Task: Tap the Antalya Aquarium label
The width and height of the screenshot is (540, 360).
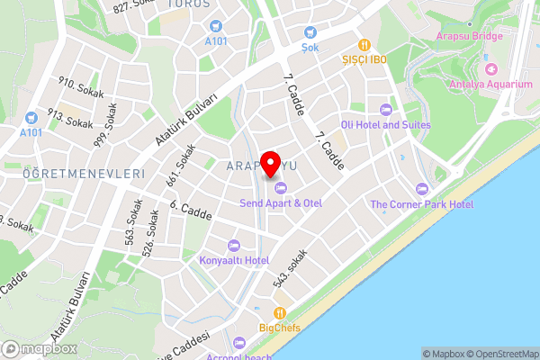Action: (490, 85)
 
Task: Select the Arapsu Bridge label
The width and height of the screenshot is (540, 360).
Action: (469, 36)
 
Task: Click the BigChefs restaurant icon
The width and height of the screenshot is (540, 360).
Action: (280, 312)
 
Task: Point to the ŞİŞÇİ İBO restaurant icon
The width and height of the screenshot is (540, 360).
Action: (364, 44)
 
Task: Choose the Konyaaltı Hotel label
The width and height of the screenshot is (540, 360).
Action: (234, 260)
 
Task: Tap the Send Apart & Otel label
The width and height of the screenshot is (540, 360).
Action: (281, 203)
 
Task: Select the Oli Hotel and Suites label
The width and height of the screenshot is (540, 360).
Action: (385, 124)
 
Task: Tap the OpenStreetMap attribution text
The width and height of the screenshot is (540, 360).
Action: (500, 354)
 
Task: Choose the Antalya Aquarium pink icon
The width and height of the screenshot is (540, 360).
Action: (490, 68)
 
